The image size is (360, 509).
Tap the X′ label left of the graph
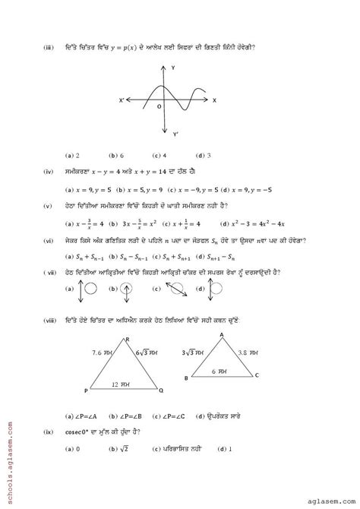point(122,100)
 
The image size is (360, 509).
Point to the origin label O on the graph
point(159,107)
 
